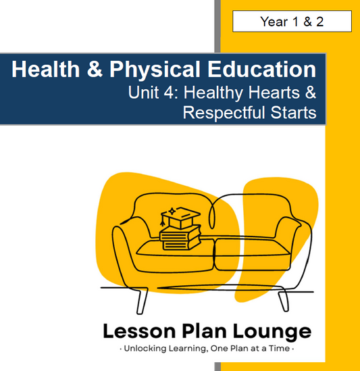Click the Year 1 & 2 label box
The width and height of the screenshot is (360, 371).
coord(292,22)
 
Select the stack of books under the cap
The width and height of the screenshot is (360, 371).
coord(179,237)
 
